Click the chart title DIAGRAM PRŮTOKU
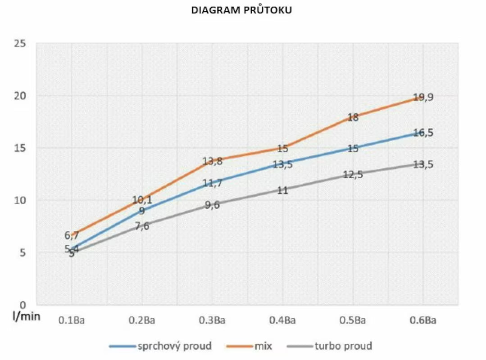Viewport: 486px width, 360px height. click(x=241, y=10)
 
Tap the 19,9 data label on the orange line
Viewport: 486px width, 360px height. click(x=423, y=97)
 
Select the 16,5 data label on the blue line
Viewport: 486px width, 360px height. click(x=423, y=133)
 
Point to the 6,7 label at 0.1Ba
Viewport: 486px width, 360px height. click(x=72, y=235)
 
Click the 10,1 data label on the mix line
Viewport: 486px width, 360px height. click(x=142, y=200)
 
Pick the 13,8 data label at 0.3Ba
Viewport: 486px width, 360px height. click(x=212, y=161)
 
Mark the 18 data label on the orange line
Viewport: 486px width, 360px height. click(x=353, y=117)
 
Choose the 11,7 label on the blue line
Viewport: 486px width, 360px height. click(x=212, y=183)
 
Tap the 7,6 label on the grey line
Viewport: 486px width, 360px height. click(x=142, y=226)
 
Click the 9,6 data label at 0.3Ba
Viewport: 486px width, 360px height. click(x=212, y=205)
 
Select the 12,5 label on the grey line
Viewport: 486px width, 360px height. click(x=353, y=175)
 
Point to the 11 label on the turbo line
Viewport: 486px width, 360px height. click(x=282, y=190)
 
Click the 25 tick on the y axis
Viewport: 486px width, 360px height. click(x=19, y=44)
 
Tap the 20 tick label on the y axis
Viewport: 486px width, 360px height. click(x=19, y=96)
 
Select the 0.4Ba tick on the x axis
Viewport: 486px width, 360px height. click(x=282, y=321)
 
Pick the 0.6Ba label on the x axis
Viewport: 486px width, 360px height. click(x=423, y=321)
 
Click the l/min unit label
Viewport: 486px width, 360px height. click(x=26, y=316)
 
